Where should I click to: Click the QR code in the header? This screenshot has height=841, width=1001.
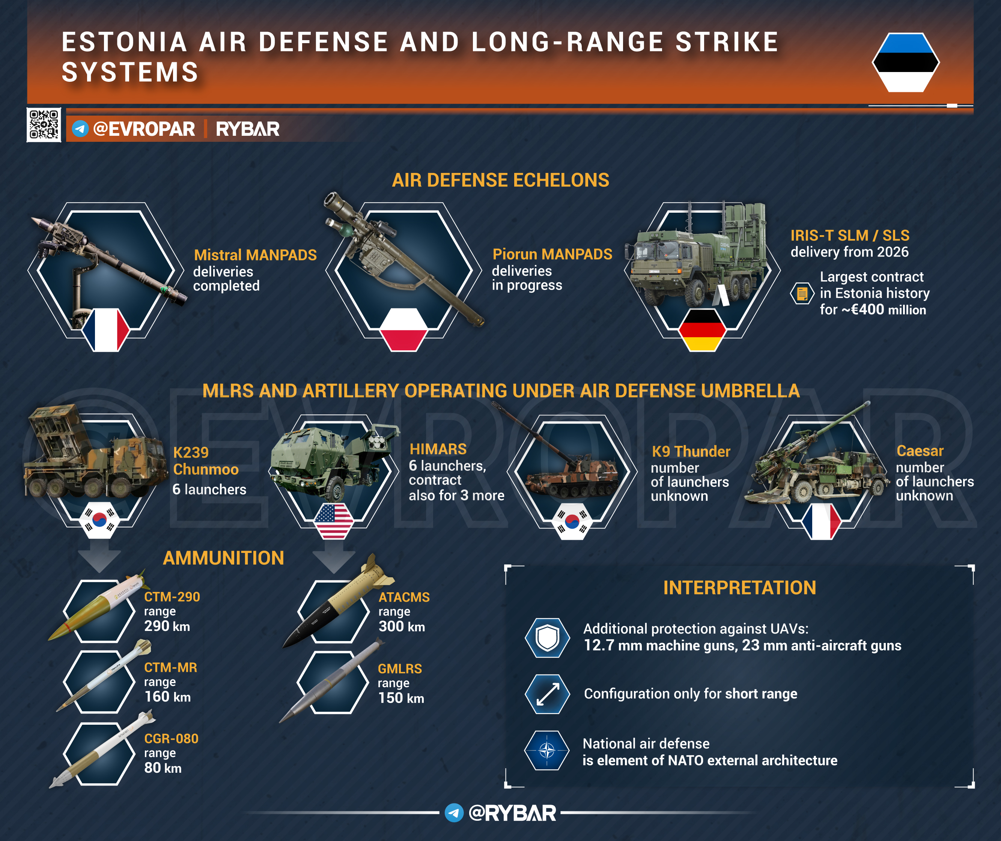click(44, 125)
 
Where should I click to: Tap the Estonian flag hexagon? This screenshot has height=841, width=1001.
click(906, 62)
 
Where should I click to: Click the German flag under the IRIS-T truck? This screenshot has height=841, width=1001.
click(702, 330)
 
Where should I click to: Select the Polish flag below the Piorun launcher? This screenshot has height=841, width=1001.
click(403, 330)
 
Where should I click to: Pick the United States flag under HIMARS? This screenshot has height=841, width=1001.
click(334, 521)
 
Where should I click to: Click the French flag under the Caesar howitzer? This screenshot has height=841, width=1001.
click(821, 521)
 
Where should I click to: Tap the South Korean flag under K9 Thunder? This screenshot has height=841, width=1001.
click(572, 521)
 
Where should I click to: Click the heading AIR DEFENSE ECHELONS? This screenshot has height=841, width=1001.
click(501, 180)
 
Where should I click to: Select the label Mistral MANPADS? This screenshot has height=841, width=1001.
click(255, 255)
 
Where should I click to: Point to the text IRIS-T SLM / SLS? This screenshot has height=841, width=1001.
click(850, 236)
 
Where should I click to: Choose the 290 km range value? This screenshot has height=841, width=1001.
click(167, 626)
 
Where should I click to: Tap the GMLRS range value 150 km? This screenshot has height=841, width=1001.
click(401, 698)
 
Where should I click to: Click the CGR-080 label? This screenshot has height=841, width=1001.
click(171, 739)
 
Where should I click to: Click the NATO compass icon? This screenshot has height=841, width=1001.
click(547, 751)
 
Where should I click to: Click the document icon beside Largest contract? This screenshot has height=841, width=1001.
click(802, 293)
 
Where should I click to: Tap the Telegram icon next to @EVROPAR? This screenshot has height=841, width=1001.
click(80, 129)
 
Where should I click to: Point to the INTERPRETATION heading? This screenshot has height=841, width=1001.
click(739, 588)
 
